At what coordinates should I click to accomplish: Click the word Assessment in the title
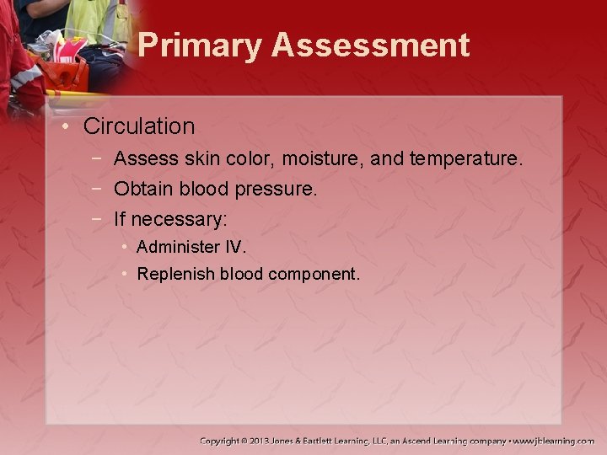pyautogui.click(x=370, y=45)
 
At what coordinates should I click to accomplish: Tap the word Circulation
pyautogui.click(x=139, y=126)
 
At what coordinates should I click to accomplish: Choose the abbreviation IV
pyautogui.click(x=232, y=248)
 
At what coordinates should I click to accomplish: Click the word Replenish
pyautogui.click(x=176, y=274)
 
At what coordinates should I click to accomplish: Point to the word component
pyautogui.click(x=313, y=275)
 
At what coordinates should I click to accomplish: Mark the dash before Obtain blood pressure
pyautogui.click(x=99, y=190)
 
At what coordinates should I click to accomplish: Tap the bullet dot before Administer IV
pyautogui.click(x=124, y=248)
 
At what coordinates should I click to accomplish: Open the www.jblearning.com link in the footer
pyautogui.click(x=553, y=441)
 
